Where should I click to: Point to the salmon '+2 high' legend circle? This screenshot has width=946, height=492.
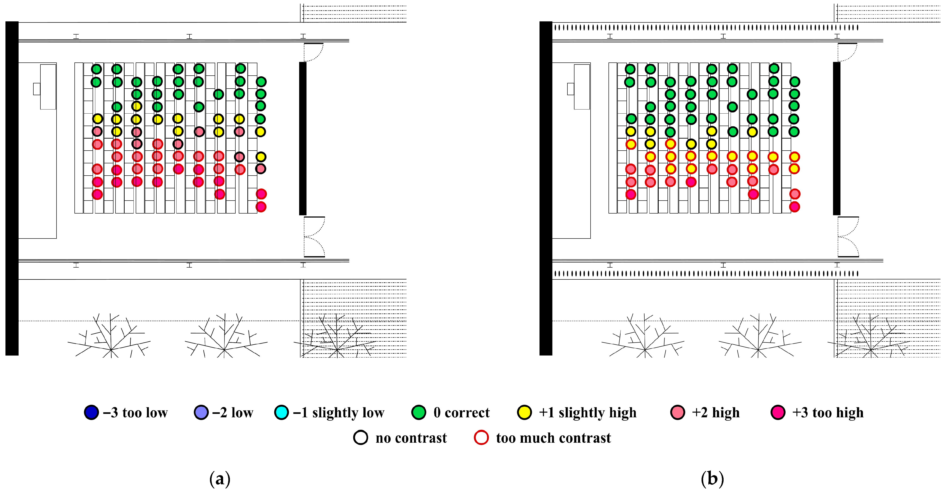pyautogui.click(x=677, y=412)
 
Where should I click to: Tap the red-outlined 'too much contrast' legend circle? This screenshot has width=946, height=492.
pyautogui.click(x=481, y=438)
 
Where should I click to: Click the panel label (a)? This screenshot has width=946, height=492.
pyautogui.click(x=220, y=479)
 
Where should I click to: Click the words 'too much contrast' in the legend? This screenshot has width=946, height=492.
pyautogui.click(x=553, y=438)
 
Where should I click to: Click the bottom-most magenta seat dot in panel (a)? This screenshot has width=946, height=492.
pyautogui.click(x=261, y=207)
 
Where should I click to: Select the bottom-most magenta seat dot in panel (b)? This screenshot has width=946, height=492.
pyautogui.click(x=794, y=207)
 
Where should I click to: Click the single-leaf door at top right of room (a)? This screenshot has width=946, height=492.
pyautogui.click(x=313, y=52)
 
